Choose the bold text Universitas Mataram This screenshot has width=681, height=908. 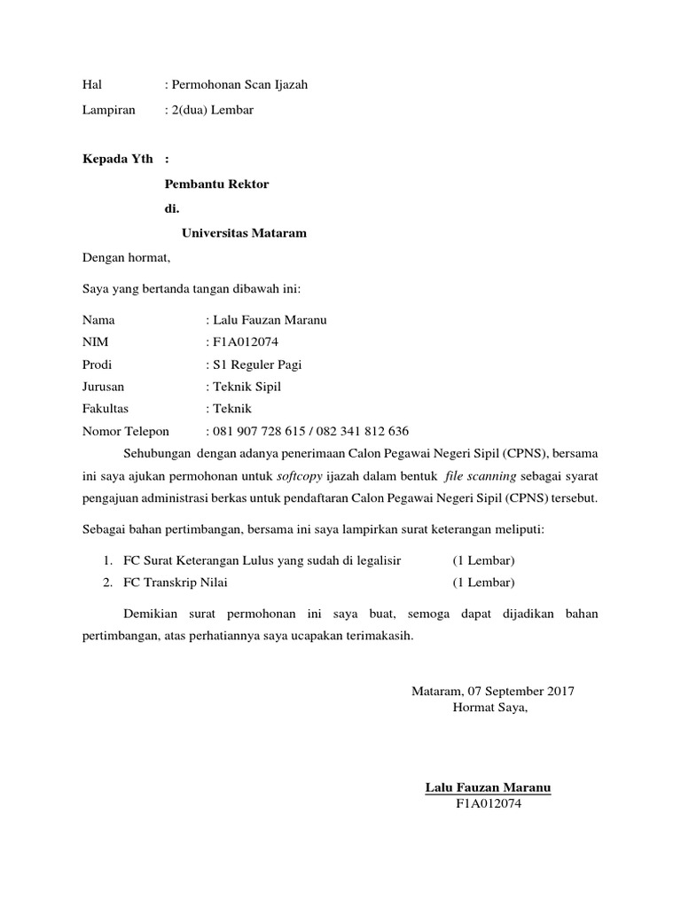click(x=244, y=234)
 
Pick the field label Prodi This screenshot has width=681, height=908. click(x=97, y=364)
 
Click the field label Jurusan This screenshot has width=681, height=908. click(x=103, y=387)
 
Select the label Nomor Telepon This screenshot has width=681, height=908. click(x=125, y=432)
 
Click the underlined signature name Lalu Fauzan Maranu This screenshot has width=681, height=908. click(x=488, y=787)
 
